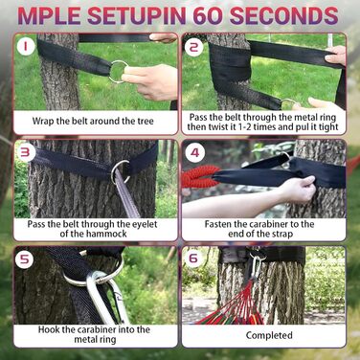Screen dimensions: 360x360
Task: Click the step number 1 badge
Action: (x=27, y=47)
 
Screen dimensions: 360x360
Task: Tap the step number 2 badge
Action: (x=194, y=47)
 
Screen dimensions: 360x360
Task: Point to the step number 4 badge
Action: (x=194, y=152)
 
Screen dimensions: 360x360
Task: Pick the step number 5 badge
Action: (x=25, y=259)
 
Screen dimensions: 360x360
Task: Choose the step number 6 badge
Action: (x=193, y=258)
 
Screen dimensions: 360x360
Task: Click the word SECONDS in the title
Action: (x=284, y=15)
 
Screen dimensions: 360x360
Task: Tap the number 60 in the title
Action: (x=208, y=15)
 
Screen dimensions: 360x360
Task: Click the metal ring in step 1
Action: (x=119, y=72)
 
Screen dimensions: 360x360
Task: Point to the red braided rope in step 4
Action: (x=198, y=176)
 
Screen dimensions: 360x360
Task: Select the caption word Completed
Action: (x=269, y=335)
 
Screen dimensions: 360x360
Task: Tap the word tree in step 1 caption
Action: (x=145, y=122)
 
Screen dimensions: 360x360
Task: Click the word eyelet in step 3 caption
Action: (x=144, y=224)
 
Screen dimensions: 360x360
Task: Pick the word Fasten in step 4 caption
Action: (x=218, y=224)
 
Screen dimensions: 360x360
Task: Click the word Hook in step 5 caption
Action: (x=49, y=329)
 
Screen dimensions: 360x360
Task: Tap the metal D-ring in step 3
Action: (x=121, y=171)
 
